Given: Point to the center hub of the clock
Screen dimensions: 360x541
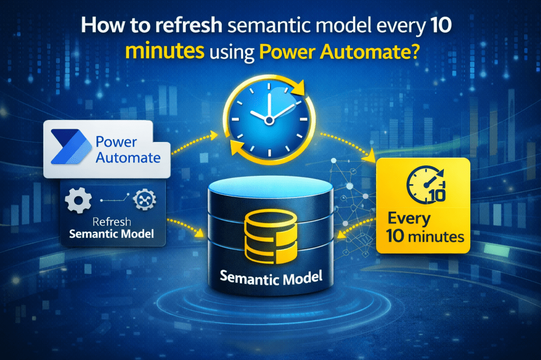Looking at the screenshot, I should pos(269,120).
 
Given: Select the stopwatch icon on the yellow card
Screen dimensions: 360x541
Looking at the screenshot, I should pos(423,186).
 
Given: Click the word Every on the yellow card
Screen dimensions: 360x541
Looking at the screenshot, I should pos(409,218).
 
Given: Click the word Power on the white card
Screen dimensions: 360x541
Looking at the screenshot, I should pos(117,142).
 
